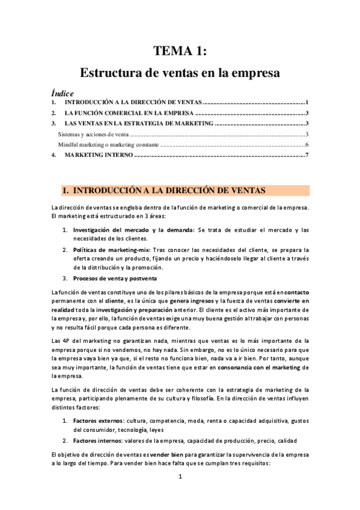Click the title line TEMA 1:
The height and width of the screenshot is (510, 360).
tap(180, 51)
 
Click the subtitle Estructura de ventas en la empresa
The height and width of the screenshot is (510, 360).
tap(180, 73)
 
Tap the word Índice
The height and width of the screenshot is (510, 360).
tap(62, 93)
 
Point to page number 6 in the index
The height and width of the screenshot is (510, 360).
tap(307, 145)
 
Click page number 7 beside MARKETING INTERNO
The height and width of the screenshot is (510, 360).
tap(307, 156)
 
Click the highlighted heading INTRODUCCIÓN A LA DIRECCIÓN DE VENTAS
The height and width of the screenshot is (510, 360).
tap(168, 190)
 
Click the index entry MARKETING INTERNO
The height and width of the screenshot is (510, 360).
tap(97, 156)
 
